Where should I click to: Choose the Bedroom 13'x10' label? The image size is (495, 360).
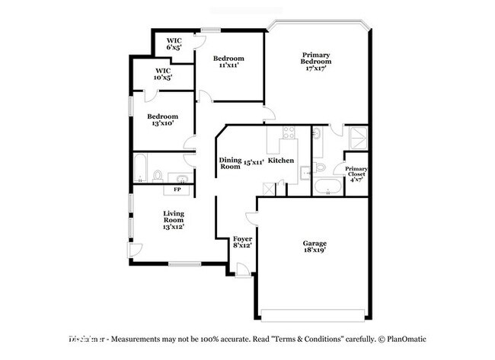click(x=162, y=120)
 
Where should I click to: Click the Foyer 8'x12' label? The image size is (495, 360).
click(x=241, y=243)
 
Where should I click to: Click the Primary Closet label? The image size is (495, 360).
click(x=356, y=174)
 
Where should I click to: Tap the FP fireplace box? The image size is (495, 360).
click(x=177, y=189)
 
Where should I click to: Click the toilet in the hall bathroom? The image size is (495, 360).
click(x=157, y=176)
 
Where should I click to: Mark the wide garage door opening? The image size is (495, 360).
click(x=314, y=316)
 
